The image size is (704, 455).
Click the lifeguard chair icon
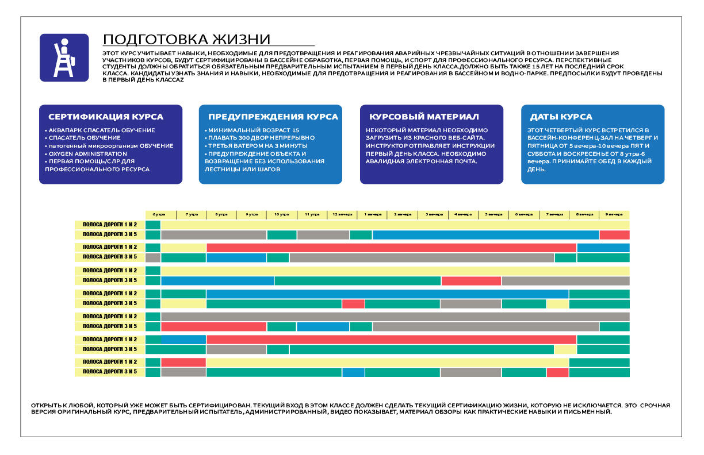tap(64, 57)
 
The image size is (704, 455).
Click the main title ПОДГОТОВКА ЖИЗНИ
tap(186, 39)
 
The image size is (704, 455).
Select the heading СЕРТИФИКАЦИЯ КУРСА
tap(106, 117)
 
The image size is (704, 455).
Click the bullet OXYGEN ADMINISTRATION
tap(88, 153)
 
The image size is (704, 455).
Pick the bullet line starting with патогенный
tap(109, 146)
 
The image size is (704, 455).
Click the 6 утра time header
tap(159, 214)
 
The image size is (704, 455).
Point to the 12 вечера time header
tap(342, 214)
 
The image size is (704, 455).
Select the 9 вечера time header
tap(614, 214)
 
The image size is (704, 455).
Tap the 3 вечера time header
tap(434, 214)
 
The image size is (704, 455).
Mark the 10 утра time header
tap(281, 214)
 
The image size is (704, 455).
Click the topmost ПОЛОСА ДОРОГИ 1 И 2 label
tap(110, 225)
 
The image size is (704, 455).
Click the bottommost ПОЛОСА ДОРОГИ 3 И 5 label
tap(110, 372)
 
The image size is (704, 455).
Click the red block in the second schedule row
tap(614, 234)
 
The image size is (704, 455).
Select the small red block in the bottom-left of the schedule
tap(183, 362)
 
